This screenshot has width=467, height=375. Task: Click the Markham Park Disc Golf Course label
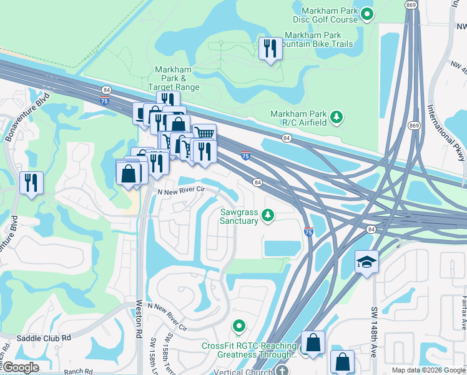(x=330, y=15)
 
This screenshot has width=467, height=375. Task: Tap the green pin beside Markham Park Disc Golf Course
(x=368, y=13)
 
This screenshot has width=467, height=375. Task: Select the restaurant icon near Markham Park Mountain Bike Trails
(x=270, y=49)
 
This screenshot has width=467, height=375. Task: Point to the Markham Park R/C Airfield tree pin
(x=337, y=117)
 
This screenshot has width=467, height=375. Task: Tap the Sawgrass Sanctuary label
(x=239, y=216)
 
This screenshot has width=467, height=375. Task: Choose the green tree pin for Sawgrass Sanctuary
(x=268, y=216)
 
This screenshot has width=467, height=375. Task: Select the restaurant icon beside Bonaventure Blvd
(x=31, y=182)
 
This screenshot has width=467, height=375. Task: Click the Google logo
(x=21, y=368)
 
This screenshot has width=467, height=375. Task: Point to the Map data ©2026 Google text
(x=428, y=370)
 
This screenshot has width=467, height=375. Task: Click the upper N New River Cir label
(x=181, y=192)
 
